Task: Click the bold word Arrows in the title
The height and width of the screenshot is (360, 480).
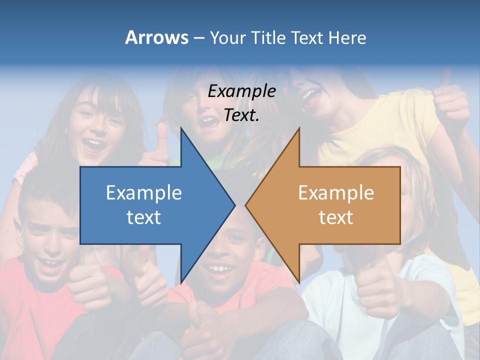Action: pos(156,38)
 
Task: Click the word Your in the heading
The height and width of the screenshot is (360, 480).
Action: pos(226,38)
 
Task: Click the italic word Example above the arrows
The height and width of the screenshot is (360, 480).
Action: pos(241,91)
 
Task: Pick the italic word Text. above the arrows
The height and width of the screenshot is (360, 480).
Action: pos(241,115)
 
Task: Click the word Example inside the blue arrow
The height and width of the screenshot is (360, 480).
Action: pos(144,193)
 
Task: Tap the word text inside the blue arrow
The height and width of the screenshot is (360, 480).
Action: pos(144,217)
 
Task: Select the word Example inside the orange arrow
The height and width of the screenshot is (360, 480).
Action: pos(336,193)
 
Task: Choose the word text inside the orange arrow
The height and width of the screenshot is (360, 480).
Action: pos(336,217)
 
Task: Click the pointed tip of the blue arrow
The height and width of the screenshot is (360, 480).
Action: pos(233,205)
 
